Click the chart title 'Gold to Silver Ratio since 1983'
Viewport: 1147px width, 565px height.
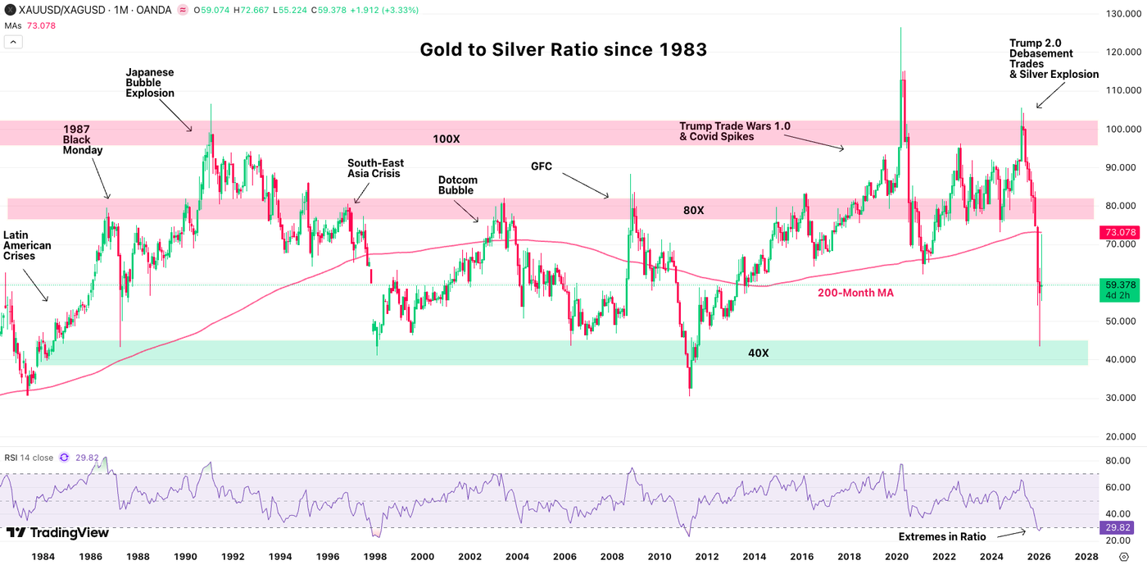[x=563, y=50]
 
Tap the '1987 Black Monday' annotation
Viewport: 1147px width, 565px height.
[x=83, y=140]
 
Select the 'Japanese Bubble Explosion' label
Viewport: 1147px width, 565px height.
[x=150, y=83]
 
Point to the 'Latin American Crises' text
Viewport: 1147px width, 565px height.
[x=27, y=245]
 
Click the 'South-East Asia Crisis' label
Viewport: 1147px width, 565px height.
[x=375, y=169]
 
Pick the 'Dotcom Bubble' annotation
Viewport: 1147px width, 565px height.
[x=457, y=185]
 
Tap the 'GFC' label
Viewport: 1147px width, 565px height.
[x=542, y=166]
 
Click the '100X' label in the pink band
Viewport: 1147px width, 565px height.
[x=446, y=139]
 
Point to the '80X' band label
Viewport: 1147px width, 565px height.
[x=693, y=211]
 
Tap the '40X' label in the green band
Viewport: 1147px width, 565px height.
[x=758, y=353]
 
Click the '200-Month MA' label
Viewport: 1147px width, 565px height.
[x=855, y=292]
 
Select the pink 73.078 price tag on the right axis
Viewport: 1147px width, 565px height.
[x=1119, y=233]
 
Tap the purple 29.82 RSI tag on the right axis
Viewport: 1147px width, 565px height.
[x=1119, y=527]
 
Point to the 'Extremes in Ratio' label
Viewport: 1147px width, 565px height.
[x=942, y=536]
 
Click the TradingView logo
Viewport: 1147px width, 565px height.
[x=57, y=533]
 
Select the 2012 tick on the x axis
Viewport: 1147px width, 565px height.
[x=706, y=556]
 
